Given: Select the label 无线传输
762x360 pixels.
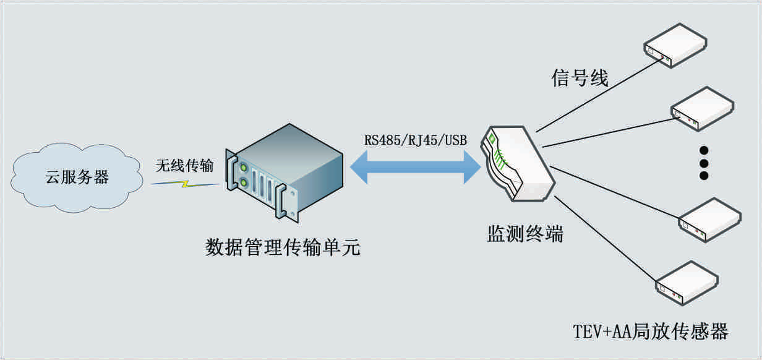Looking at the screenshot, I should (184, 165).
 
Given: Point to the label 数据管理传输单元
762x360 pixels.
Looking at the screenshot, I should (283, 249).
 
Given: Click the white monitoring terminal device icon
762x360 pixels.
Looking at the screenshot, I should (520, 164).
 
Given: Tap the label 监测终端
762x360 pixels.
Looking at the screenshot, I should (525, 234).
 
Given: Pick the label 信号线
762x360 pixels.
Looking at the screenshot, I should (580, 79).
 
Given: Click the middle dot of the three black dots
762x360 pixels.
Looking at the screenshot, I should (703, 163).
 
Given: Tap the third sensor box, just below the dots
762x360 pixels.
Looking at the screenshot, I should (709, 219).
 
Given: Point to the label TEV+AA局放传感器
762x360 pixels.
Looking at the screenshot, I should (649, 332).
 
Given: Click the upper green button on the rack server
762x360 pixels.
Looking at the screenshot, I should (244, 168).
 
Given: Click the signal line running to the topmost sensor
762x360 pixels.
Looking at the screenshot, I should (594, 96).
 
